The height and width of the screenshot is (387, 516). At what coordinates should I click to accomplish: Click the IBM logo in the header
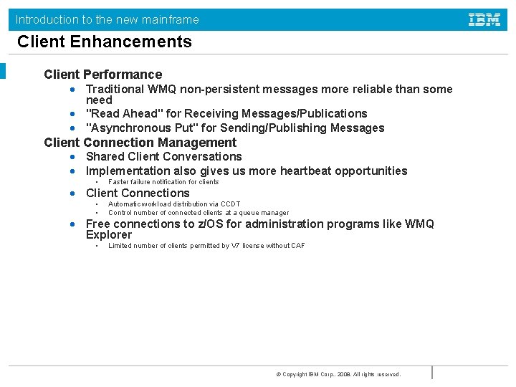484,19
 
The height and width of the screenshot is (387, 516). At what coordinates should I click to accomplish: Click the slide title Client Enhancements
105,42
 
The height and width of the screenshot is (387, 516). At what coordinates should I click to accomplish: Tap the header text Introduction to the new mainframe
107,19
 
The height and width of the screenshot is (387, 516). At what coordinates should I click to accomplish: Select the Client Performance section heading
102,75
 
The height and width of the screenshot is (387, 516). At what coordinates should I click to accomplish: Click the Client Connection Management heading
140,143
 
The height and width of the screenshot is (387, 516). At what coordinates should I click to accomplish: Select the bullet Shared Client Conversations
163,157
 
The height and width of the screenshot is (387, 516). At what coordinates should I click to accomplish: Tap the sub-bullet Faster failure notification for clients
163,182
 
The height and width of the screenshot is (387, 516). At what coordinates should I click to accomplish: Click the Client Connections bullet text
138,193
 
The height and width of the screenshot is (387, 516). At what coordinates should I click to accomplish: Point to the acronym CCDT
230,204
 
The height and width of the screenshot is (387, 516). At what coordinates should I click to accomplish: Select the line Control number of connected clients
199,213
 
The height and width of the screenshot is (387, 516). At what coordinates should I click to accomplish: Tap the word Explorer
109,235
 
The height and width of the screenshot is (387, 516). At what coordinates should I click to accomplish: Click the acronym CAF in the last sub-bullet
297,246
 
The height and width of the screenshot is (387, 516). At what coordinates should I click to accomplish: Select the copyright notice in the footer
338,374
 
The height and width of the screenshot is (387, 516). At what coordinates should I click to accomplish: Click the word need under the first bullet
99,101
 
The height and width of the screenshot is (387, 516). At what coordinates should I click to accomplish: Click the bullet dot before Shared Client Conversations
73,157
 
